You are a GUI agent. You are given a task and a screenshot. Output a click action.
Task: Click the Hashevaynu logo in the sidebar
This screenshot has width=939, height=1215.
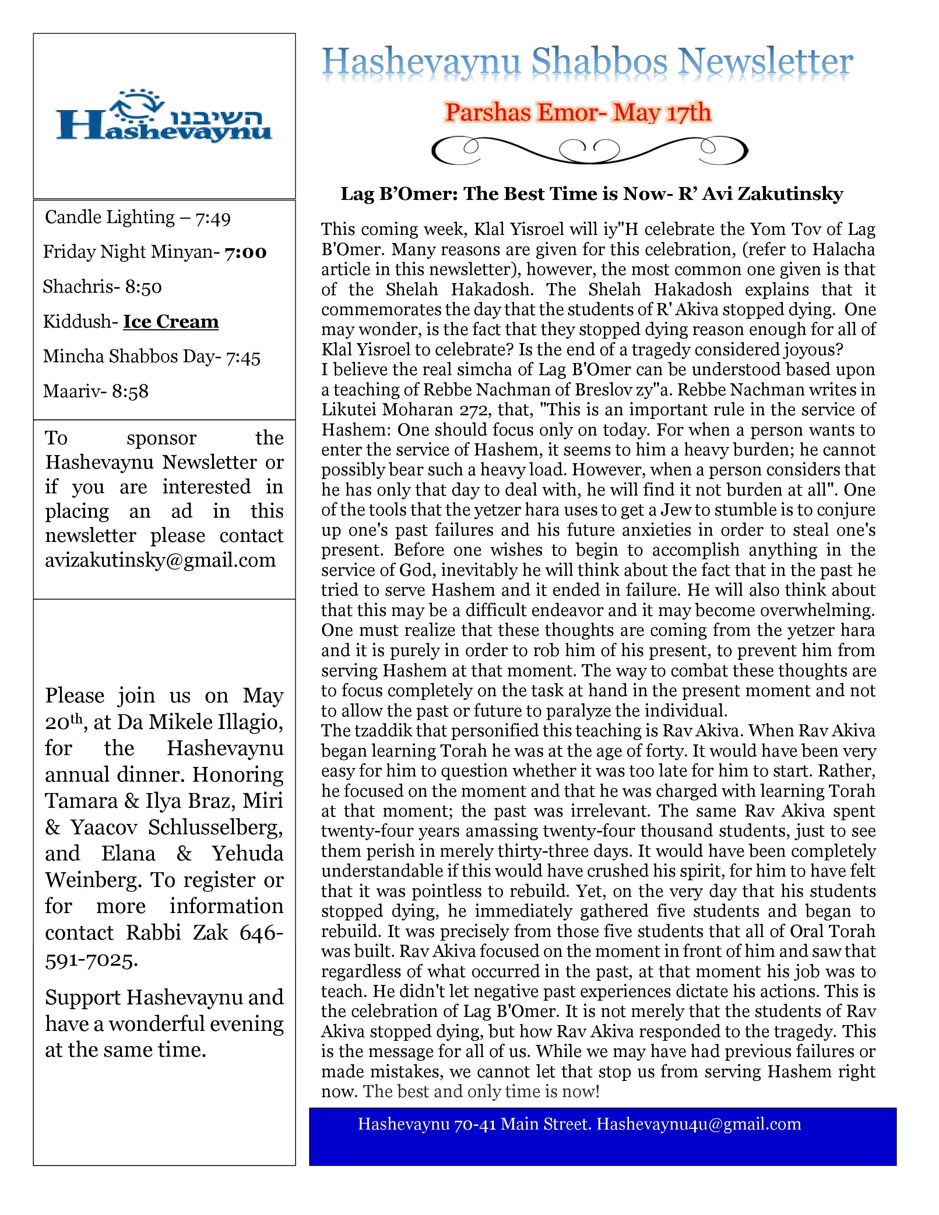(164, 116)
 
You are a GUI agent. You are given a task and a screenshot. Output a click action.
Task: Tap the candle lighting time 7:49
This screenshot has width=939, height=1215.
(212, 218)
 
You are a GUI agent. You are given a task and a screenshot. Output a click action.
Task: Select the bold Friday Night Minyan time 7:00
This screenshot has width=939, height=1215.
(245, 253)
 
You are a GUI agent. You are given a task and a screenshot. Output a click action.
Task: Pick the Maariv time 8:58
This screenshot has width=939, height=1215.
(130, 392)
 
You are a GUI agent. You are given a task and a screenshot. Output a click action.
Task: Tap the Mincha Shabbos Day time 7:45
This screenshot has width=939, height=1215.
(243, 357)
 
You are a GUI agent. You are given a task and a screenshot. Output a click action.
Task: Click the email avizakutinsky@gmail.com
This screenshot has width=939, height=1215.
(160, 560)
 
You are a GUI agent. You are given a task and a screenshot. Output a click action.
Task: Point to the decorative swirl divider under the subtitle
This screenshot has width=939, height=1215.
(590, 149)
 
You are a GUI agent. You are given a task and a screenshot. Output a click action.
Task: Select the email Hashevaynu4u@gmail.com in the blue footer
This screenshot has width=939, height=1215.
(699, 1124)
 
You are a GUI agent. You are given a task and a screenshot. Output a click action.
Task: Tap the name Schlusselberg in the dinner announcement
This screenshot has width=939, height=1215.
(215, 827)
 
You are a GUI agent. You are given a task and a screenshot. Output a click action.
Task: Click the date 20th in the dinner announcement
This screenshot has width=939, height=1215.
(63, 722)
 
